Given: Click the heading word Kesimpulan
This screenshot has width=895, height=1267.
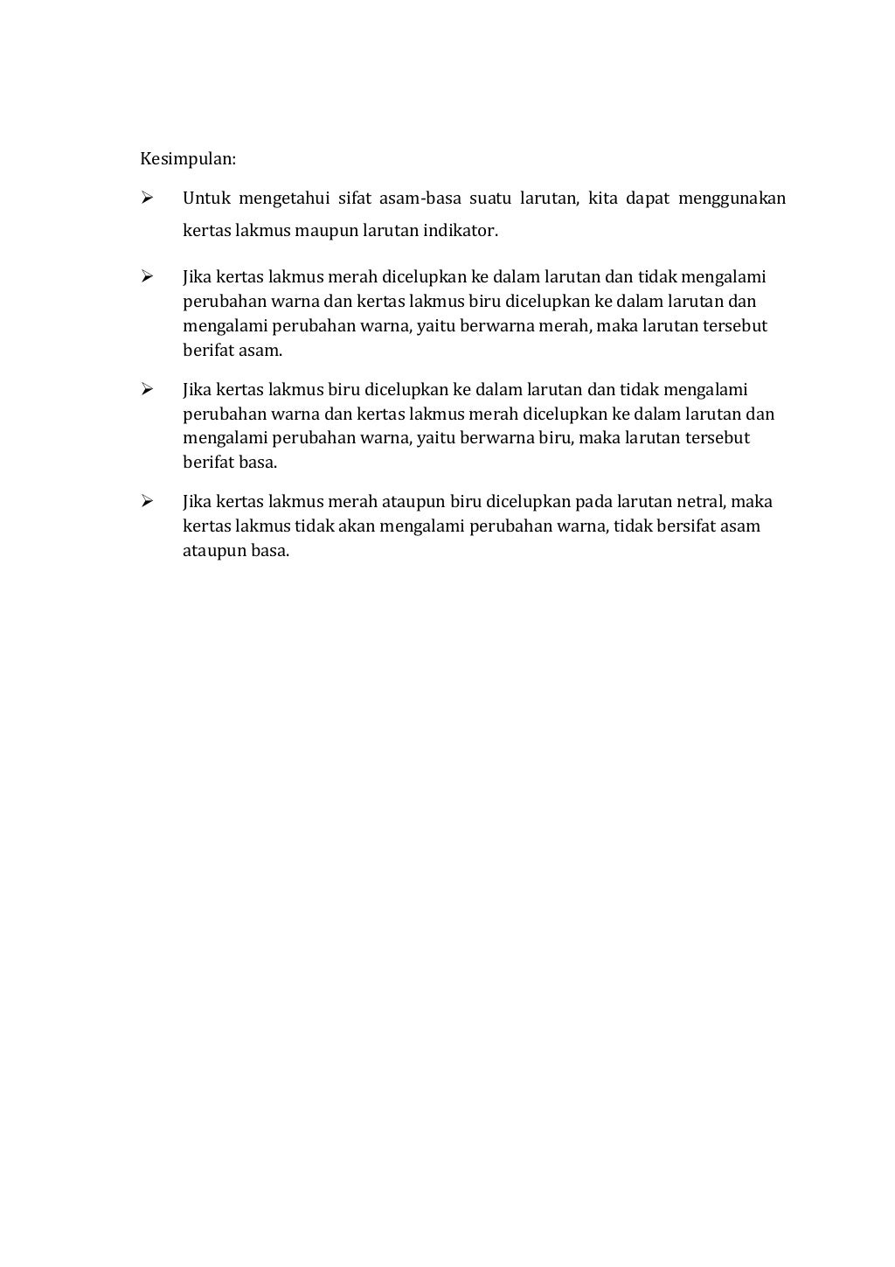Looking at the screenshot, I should pyautogui.click(x=188, y=159).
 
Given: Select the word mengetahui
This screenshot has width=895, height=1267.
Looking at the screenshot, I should pyautogui.click(x=285, y=198).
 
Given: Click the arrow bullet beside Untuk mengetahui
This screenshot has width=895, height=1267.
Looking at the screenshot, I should pyautogui.click(x=147, y=198).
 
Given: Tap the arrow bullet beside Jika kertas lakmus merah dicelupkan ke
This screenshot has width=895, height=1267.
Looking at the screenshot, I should pyautogui.click(x=147, y=277).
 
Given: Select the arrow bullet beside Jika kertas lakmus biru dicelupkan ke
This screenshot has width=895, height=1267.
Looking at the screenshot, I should pyautogui.click(x=147, y=389).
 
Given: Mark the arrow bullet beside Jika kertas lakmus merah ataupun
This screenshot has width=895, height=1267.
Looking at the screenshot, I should pyautogui.click(x=147, y=501).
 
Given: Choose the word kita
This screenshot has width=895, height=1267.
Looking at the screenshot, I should pyautogui.click(x=603, y=198).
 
